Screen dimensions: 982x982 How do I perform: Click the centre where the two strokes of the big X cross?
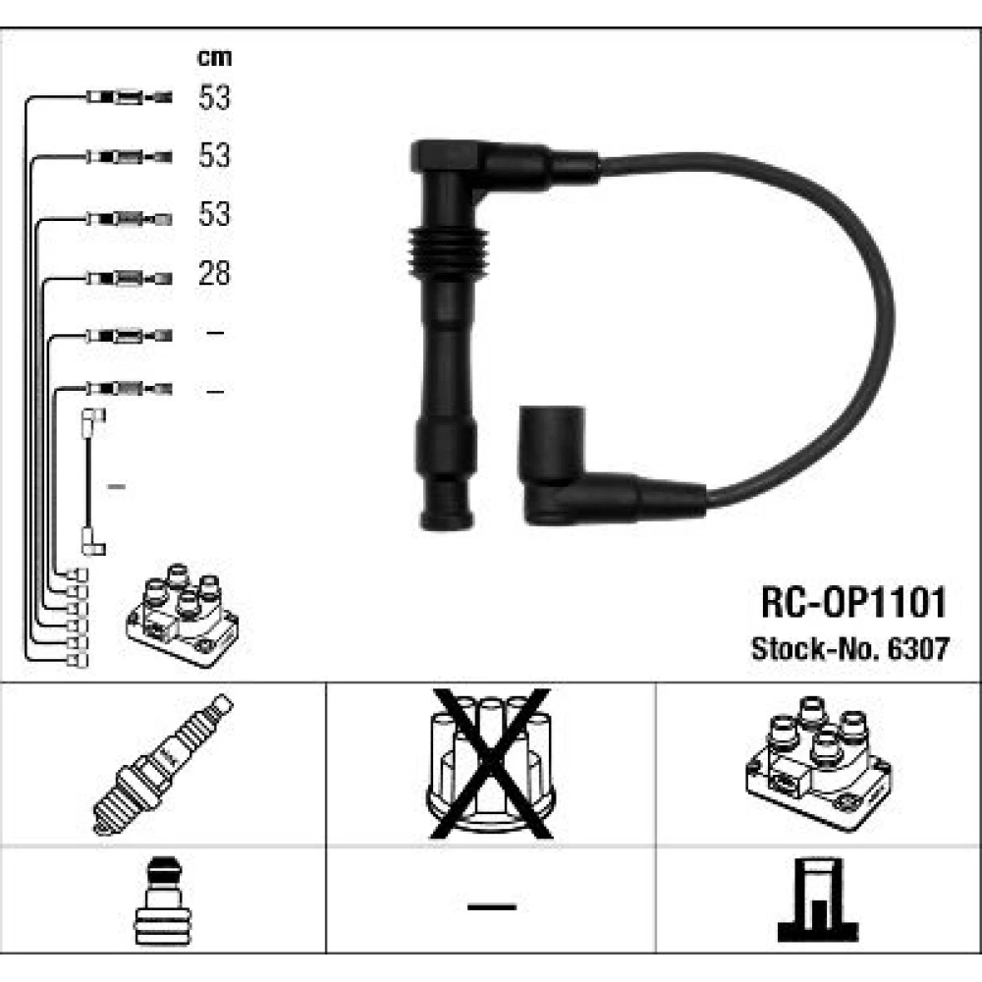point(492,763)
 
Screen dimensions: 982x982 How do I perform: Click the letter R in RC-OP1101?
point(772,603)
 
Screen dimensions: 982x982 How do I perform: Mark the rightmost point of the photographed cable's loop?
point(895,319)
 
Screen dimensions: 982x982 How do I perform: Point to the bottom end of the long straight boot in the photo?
point(446,527)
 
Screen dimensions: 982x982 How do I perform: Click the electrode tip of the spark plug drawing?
point(100,829)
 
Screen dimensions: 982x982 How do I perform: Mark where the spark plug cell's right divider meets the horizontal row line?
point(326,846)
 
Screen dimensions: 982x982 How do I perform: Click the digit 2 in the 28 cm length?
point(206,274)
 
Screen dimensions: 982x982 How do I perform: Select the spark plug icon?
point(163,765)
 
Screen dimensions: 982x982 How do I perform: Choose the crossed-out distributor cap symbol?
point(492,763)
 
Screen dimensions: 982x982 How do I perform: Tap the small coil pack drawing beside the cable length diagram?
point(183,615)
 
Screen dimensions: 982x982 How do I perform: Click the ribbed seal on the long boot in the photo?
point(448,253)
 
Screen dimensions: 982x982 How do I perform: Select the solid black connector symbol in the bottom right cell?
point(818,900)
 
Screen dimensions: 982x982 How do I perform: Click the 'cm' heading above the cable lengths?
point(214,58)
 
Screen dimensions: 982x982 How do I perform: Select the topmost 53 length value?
point(214,97)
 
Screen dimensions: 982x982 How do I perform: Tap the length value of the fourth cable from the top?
point(214,274)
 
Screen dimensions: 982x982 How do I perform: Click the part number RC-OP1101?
point(853,603)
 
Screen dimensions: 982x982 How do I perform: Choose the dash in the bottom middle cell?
point(492,906)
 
